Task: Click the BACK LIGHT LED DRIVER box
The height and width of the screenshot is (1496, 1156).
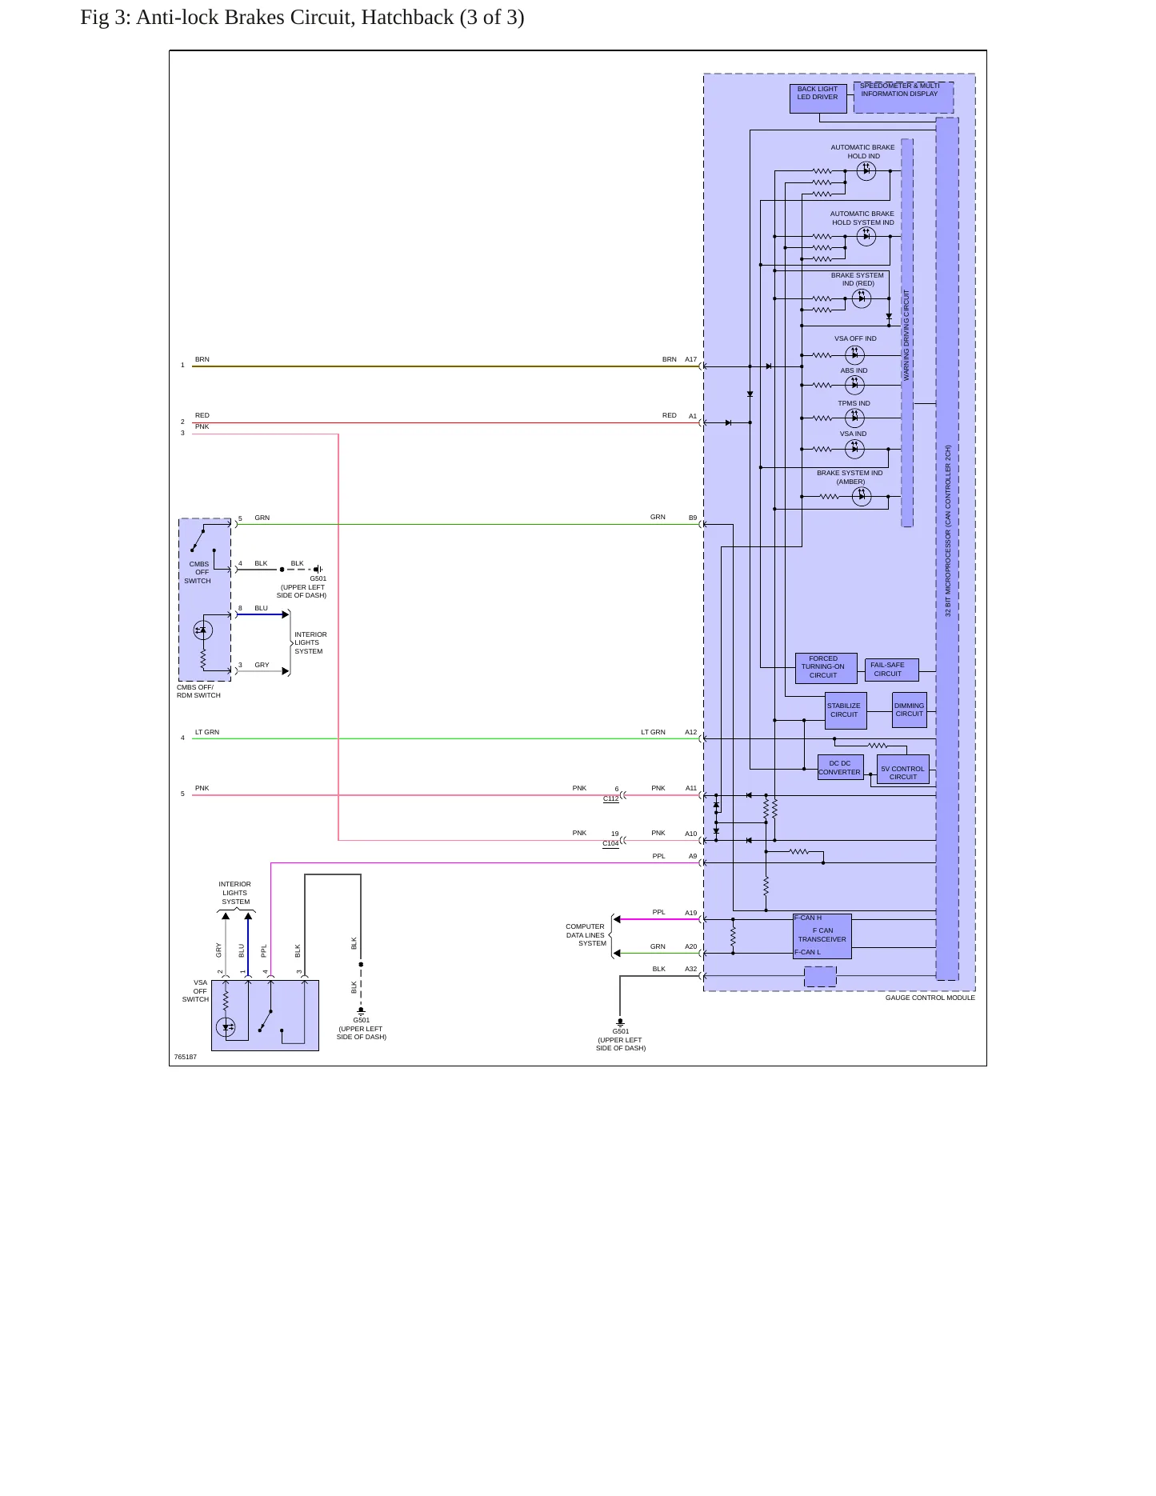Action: click(818, 98)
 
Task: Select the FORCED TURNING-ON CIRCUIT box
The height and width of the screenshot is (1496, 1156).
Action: click(826, 668)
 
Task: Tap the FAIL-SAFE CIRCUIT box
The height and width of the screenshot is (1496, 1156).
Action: click(891, 670)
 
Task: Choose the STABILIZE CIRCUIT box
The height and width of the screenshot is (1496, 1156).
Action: click(846, 710)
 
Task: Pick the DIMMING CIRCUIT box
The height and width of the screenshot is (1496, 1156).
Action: click(910, 710)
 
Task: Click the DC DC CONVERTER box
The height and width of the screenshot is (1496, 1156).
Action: click(841, 768)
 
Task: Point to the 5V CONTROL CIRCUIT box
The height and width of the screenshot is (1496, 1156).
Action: click(903, 769)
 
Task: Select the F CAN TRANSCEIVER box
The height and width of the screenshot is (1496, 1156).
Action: click(822, 936)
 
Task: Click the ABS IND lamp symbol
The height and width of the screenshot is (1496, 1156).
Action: click(854, 386)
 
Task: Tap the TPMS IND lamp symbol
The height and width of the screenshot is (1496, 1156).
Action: click(854, 418)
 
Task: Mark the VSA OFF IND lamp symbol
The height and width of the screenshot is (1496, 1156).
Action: click(854, 355)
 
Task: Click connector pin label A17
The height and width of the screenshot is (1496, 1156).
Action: click(690, 359)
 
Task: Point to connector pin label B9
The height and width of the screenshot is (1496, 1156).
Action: click(693, 518)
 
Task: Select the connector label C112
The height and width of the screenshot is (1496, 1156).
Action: click(611, 798)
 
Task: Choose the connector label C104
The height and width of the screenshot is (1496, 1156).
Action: click(610, 843)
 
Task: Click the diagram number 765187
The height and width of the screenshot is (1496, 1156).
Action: click(186, 1057)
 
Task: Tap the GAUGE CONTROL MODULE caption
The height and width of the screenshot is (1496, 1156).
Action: click(930, 998)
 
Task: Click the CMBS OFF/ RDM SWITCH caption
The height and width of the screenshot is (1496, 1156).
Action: click(198, 691)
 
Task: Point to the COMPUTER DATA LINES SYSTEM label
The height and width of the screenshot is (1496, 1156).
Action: click(586, 935)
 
